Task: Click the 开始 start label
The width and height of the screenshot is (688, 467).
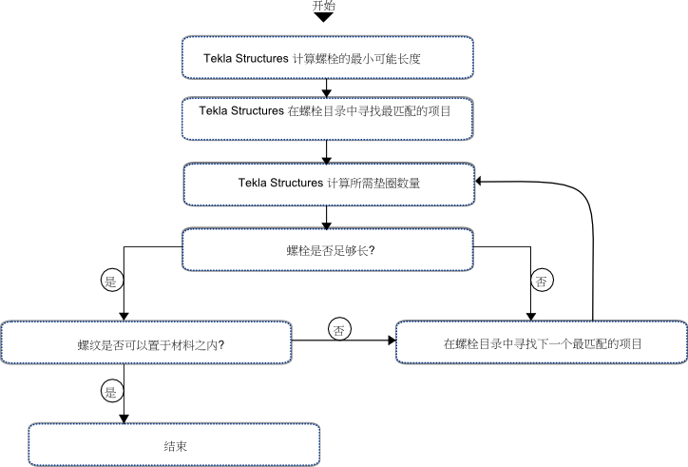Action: coord(324,6)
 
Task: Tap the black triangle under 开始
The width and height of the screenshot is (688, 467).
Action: coord(324,17)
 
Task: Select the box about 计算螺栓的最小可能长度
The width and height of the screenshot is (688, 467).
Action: coord(328,58)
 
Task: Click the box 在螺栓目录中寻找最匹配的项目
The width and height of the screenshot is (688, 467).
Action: coord(328,119)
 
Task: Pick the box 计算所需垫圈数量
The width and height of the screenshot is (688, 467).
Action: coord(329,185)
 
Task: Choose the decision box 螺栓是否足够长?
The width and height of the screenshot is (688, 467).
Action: coord(328,249)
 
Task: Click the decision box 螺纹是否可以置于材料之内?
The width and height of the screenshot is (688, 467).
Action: coord(146,342)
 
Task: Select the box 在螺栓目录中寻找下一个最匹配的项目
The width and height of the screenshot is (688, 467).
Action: coord(542,341)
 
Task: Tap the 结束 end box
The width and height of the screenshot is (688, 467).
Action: coord(174,444)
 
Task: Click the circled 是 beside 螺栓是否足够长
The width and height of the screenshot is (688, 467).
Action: coord(112,281)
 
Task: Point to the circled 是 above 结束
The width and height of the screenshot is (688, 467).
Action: coord(112,391)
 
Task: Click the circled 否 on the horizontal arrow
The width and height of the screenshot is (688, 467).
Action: coord(339,329)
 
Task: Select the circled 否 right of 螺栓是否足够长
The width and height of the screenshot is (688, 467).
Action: coord(542,281)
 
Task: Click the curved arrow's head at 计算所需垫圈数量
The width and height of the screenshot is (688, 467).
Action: coord(479,181)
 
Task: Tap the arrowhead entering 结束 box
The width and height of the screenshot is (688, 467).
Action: coord(124,419)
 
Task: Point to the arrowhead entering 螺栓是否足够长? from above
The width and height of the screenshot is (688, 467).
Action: coord(327,224)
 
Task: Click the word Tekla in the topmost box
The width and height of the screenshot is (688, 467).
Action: coord(218,58)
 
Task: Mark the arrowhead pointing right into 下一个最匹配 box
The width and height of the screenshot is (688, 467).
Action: coord(392,341)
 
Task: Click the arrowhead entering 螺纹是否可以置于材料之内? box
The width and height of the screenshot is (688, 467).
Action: coord(124,317)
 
